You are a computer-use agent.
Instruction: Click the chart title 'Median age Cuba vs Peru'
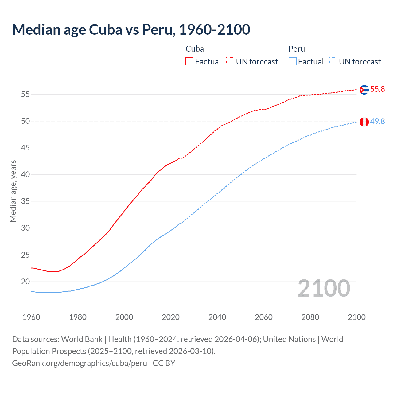click(131, 29)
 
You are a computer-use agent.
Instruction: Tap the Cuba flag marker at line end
click(364, 89)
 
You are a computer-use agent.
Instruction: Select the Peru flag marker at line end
click(364, 122)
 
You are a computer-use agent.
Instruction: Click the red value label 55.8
click(377, 89)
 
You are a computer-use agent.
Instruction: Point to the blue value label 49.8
click(377, 122)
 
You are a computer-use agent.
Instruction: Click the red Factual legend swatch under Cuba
click(189, 62)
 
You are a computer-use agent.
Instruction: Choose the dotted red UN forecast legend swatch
click(230, 62)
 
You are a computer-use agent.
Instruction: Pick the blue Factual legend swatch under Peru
click(293, 62)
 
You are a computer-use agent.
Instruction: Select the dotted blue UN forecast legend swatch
click(333, 62)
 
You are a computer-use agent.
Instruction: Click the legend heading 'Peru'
click(297, 49)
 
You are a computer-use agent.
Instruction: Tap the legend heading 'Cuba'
click(195, 49)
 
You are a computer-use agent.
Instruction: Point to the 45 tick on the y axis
click(25, 148)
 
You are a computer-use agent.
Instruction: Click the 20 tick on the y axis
click(25, 282)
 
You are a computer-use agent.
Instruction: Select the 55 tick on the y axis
click(25, 94)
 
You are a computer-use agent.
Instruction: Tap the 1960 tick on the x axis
click(31, 317)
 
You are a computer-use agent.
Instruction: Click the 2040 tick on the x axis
click(217, 317)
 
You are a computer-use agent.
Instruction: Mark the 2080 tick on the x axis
click(310, 317)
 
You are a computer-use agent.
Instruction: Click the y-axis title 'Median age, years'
click(13, 191)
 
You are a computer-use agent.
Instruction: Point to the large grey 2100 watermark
click(324, 288)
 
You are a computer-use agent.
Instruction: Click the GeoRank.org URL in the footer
click(80, 363)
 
